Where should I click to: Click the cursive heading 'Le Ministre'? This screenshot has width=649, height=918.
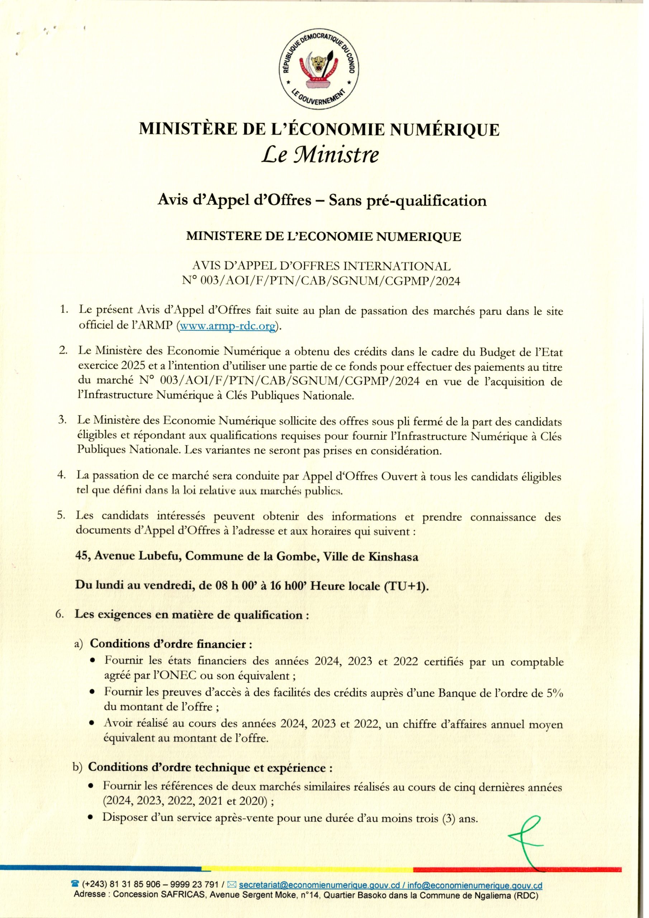click(319, 155)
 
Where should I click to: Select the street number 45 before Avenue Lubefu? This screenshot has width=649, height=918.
click(82, 557)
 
